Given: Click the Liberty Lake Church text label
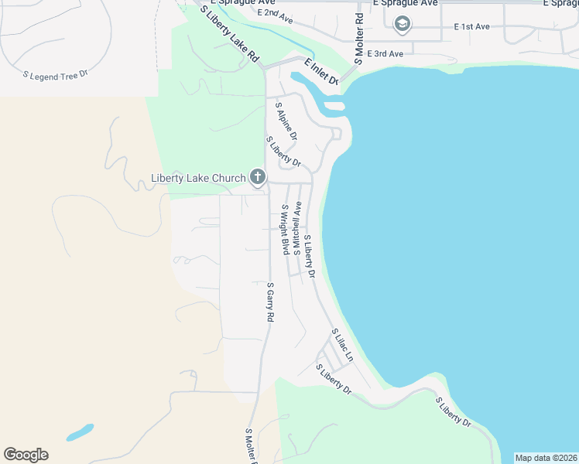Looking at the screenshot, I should click(x=197, y=179).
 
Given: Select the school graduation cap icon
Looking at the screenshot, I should click(x=403, y=25).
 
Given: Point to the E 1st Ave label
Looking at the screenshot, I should click(x=471, y=27).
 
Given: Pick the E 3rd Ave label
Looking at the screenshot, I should click(x=385, y=53).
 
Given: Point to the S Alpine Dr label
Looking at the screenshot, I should click(x=286, y=120).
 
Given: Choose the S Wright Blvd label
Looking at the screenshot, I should click(x=285, y=229).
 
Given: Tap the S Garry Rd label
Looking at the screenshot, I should click(x=271, y=302).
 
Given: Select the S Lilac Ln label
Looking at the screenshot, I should click(x=342, y=345).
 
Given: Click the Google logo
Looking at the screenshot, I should click(x=26, y=455).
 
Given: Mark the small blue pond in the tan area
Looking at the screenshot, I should click(x=80, y=432).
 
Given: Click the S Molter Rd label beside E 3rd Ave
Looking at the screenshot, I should click(x=358, y=39).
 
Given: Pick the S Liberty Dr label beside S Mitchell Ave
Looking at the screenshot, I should click(x=310, y=256).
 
